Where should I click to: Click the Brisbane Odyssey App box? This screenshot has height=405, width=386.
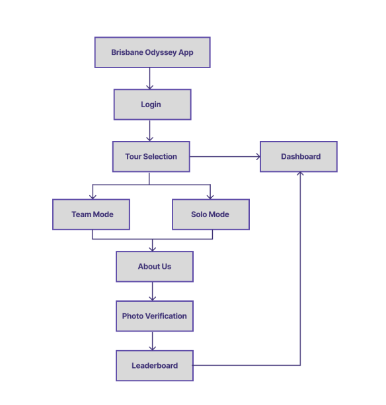point(152,52)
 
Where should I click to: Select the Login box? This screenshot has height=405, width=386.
point(152,105)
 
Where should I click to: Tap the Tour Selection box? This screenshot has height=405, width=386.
point(151,157)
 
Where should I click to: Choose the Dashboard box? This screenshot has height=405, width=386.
point(298,157)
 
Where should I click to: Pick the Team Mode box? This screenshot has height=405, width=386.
point(91,214)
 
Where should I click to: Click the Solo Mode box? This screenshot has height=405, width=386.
point(210,214)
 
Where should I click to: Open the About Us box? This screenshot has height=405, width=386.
point(154,267)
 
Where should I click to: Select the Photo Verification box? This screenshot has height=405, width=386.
point(154,316)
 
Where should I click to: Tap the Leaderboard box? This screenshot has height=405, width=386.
point(154,365)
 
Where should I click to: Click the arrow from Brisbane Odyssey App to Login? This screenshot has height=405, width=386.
point(149,78)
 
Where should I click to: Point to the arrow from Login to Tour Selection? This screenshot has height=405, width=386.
point(149,130)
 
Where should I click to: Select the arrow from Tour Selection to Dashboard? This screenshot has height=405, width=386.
point(225,157)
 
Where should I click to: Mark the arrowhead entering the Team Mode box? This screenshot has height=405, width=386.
point(92,196)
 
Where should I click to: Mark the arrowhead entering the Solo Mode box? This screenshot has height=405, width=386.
point(210,196)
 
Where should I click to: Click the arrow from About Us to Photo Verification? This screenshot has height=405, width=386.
point(153,291)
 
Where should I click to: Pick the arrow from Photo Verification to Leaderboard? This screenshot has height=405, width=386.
point(153,341)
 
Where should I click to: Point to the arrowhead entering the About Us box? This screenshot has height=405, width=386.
point(153,248)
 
